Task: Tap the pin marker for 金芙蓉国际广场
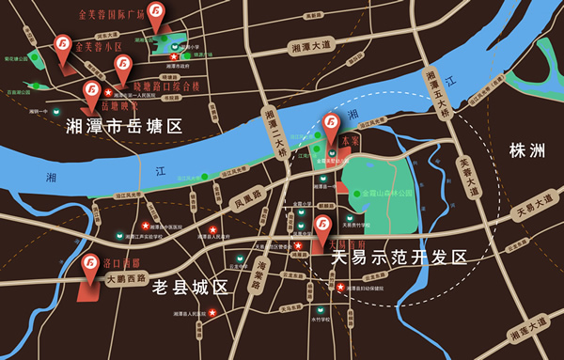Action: tap(158, 14)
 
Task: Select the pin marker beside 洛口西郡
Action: tap(91, 267)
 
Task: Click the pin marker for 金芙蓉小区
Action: tap(64, 46)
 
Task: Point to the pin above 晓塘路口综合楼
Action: tap(123, 68)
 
